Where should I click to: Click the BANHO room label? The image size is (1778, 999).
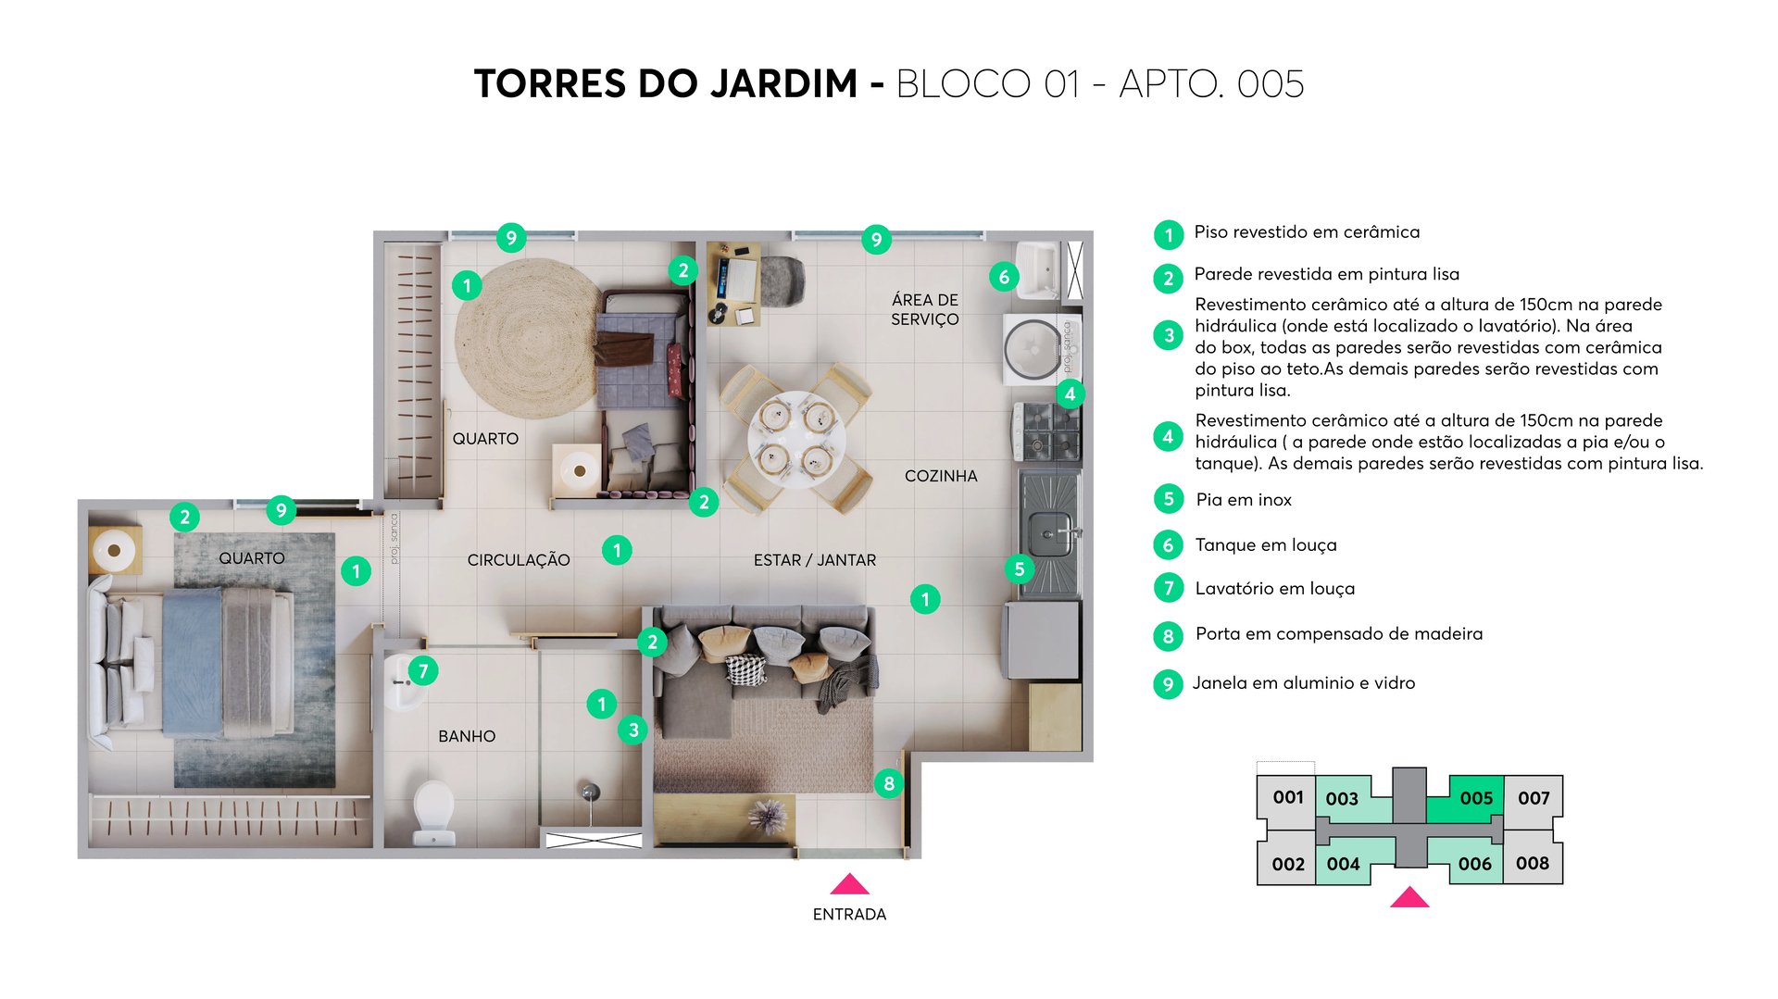pos(467,736)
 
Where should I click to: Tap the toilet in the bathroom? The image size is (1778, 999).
pos(433,810)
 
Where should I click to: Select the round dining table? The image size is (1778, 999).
pos(796,439)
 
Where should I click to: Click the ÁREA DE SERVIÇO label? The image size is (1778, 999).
pos(924,309)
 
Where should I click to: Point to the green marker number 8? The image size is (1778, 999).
pos(888,783)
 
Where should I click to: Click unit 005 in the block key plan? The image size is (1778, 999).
pos(1475,798)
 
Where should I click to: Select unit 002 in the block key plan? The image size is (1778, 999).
pos(1287,864)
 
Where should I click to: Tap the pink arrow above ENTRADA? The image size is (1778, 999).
pos(849,884)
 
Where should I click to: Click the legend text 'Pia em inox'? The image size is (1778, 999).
pos(1243,500)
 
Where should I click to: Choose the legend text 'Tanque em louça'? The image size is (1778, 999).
pos(1265,545)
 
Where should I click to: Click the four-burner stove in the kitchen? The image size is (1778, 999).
pos(1047,431)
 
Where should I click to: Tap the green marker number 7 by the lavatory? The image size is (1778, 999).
pos(423,670)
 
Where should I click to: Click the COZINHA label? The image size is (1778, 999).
pos(940,476)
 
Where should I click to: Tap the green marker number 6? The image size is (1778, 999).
pos(1003,276)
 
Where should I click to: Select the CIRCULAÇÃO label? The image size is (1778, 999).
pos(519,560)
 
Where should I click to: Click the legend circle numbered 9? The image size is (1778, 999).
pos(1168,684)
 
